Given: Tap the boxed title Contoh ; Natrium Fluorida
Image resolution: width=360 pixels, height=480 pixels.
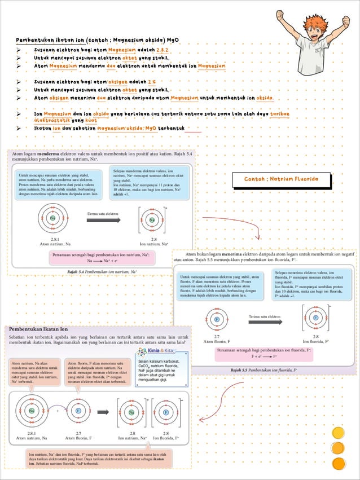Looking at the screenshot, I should tap(281, 179).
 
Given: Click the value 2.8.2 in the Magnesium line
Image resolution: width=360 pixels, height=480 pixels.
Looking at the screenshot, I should tap(164, 50).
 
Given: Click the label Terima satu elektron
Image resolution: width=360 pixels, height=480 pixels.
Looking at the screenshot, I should tap(265, 316).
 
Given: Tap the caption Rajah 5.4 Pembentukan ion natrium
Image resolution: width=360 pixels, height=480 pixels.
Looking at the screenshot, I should tap(102, 271).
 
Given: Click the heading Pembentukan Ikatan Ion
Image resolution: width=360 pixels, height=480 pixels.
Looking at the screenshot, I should tap(39, 329).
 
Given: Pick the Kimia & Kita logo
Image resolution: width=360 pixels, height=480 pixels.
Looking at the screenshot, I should tap(155, 351).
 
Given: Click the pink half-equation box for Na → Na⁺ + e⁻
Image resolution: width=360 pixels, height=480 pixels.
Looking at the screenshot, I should tap(102, 258).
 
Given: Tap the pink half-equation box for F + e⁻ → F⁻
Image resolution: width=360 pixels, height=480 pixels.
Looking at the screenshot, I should tap(264, 354).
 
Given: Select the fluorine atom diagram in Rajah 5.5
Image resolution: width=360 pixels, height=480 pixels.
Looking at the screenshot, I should tap(217, 320).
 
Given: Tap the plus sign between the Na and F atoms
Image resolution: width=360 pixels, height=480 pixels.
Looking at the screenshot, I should tap(58, 411).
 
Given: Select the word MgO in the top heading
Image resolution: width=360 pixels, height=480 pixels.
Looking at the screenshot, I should tap(171, 40).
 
